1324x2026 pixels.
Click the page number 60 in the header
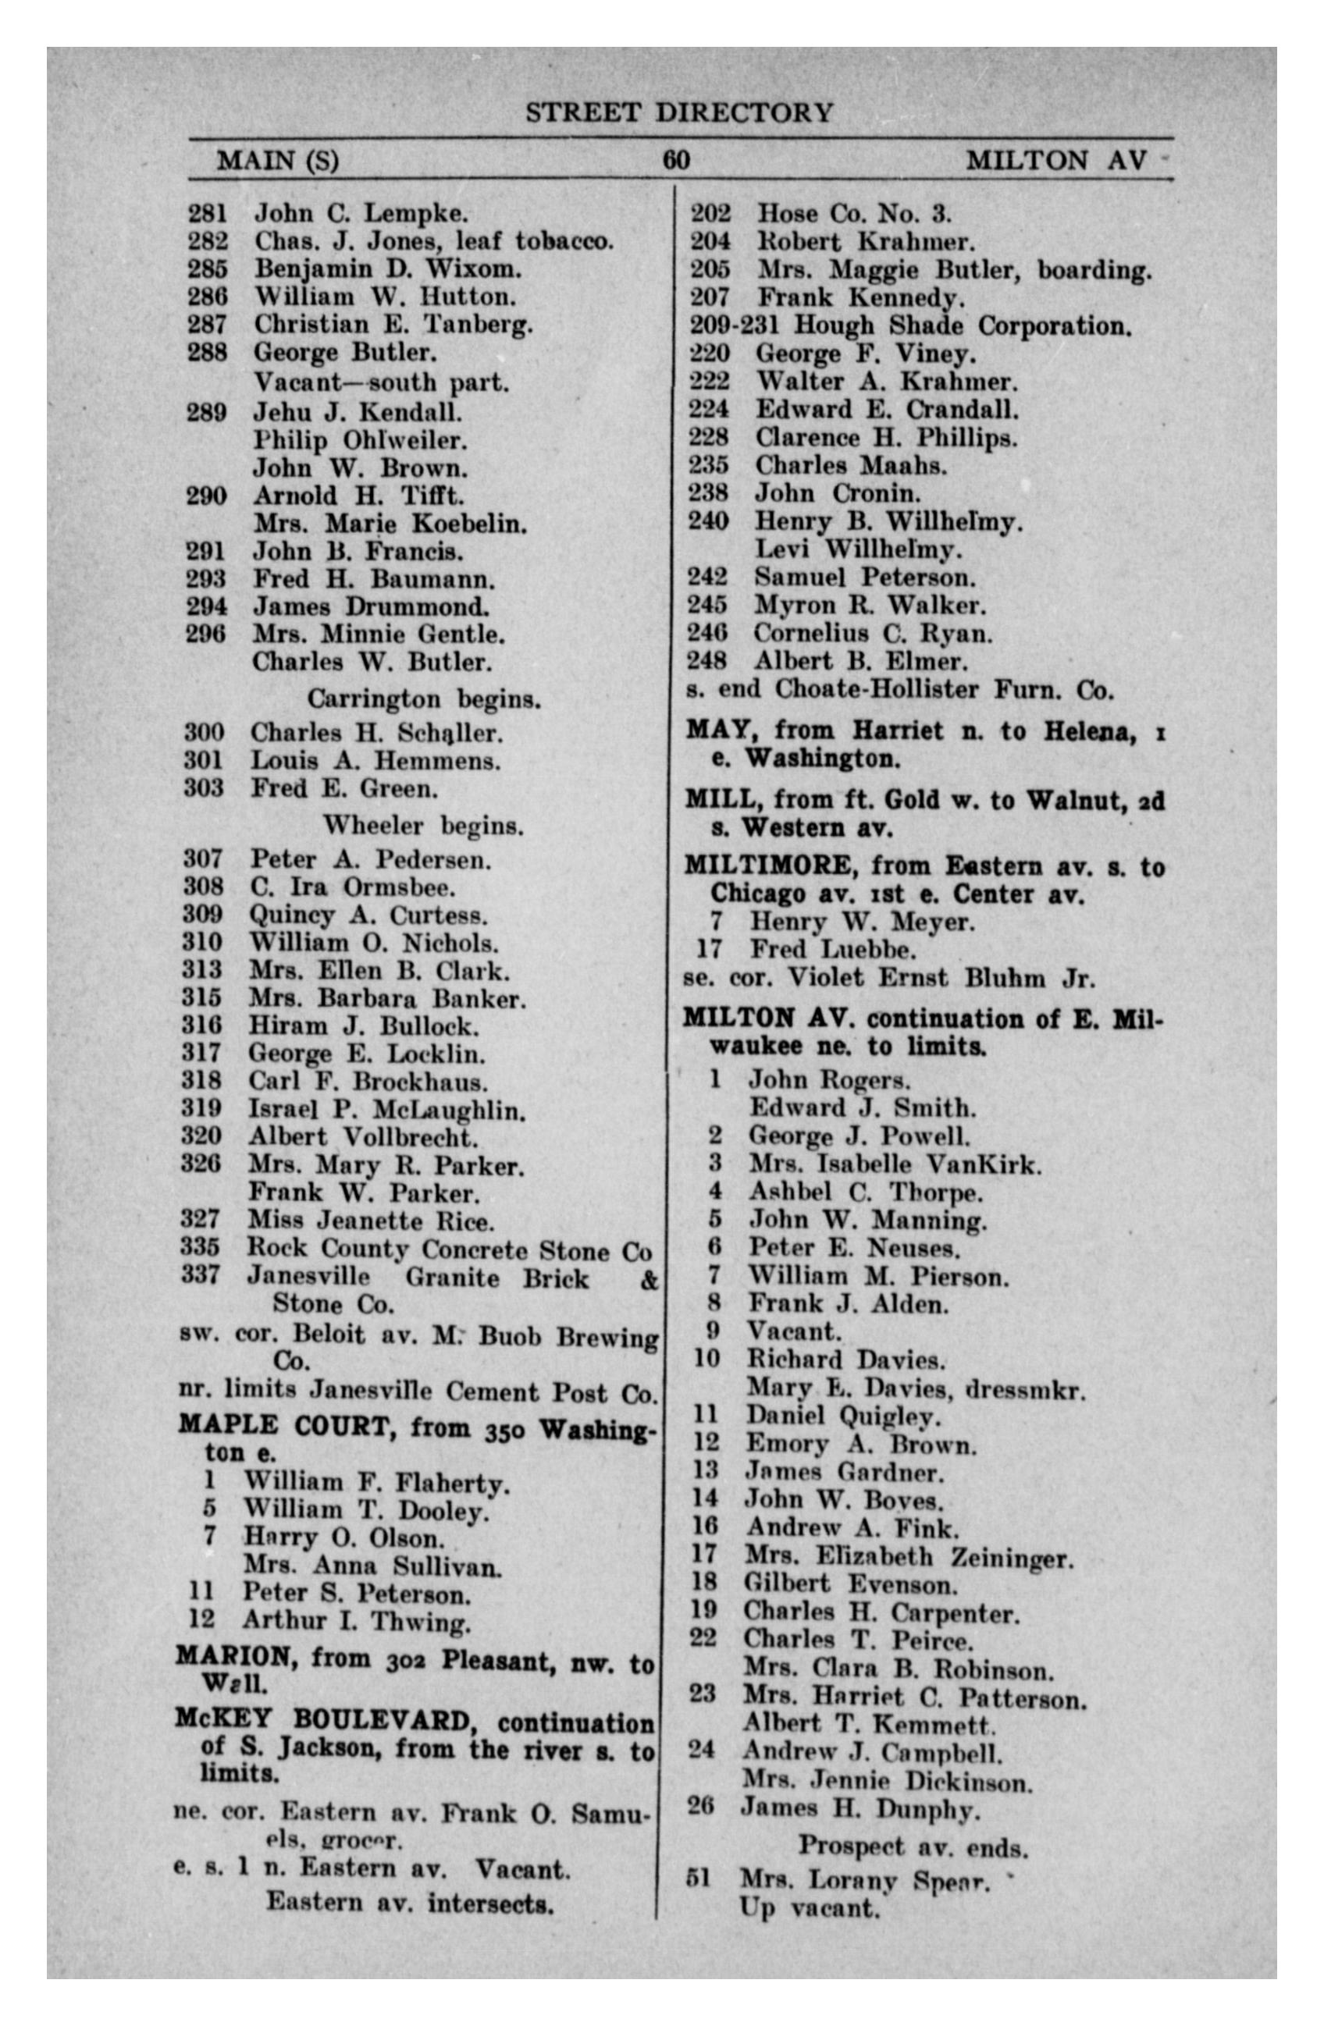(676, 160)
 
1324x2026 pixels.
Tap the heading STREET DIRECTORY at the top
(678, 112)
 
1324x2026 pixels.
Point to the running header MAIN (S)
(278, 160)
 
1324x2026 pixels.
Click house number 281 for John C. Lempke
(208, 213)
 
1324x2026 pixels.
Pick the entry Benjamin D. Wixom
(387, 269)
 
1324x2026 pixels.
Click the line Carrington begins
(424, 699)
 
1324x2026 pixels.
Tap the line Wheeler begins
(422, 825)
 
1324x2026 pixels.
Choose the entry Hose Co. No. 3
(854, 213)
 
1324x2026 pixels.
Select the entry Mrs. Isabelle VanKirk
(894, 1164)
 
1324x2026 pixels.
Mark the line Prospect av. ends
(912, 1848)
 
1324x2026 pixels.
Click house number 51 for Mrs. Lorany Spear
(697, 1877)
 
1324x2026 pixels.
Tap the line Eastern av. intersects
(410, 1901)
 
